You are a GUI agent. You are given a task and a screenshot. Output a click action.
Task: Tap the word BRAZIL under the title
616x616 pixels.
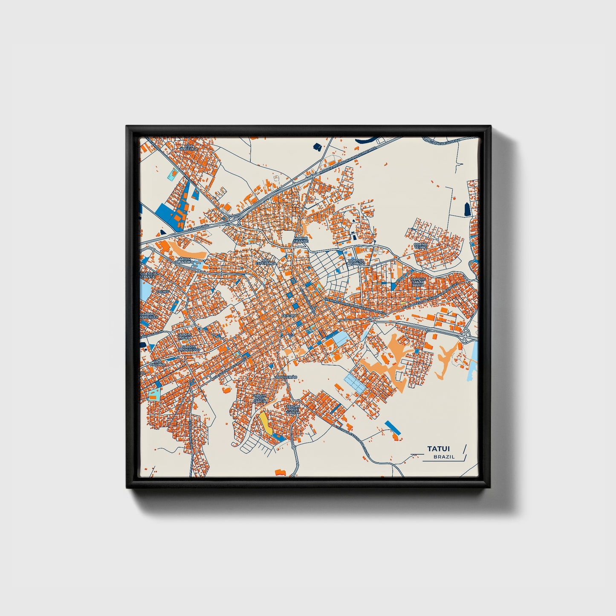pyautogui.click(x=444, y=457)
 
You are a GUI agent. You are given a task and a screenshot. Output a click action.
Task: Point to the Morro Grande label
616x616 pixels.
pyautogui.click(x=300, y=240)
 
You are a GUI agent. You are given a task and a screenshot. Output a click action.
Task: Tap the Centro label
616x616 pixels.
pyautogui.click(x=289, y=315)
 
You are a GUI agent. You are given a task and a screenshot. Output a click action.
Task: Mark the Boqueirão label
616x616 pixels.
pyautogui.click(x=286, y=377)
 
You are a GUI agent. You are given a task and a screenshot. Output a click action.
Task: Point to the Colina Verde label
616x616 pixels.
pyautogui.click(x=420, y=246)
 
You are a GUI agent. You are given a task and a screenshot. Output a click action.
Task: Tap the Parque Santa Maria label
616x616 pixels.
pyautogui.click(x=418, y=282)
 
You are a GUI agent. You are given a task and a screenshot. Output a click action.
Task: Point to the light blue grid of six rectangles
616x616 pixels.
pyautogui.click(x=355, y=383)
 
